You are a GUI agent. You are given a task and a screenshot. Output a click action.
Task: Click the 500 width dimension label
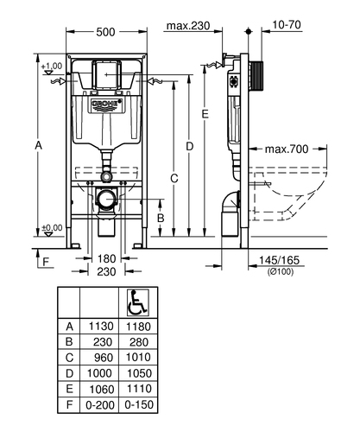coord(105,32)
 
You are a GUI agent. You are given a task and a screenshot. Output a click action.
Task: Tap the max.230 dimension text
coord(188,26)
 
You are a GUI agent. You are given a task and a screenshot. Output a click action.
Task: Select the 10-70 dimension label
coord(287,25)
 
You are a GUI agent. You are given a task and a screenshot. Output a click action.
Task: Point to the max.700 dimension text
coord(287,149)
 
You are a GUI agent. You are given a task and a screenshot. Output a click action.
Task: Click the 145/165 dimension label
coord(279,260)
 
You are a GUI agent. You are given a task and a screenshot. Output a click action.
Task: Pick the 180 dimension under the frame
coord(106,259)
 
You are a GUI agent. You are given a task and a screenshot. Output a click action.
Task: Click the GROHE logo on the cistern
coord(107,105)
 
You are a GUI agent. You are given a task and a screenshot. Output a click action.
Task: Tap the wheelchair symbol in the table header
coord(138,302)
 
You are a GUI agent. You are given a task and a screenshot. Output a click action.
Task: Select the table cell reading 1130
coord(101,327)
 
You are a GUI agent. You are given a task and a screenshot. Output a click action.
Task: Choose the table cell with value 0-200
coord(100,405)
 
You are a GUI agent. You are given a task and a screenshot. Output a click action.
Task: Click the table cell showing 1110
coord(139,389)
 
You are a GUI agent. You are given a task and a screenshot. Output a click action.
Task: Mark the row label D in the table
coord(69,373)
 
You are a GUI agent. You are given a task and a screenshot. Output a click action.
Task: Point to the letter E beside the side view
coord(205,114)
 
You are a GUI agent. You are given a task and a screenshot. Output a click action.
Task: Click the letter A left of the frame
coord(38,145)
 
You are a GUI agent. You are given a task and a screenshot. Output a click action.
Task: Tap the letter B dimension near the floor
coord(161,218)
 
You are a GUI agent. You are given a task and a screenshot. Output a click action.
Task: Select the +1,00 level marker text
coord(52,67)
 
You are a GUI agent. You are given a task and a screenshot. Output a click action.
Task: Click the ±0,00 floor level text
coord(52,228)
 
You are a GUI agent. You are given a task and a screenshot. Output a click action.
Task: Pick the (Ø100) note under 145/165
coord(281,271)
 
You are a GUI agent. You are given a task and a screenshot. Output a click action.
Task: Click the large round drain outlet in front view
coord(106,199)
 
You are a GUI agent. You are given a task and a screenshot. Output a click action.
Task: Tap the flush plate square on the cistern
coord(106,74)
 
